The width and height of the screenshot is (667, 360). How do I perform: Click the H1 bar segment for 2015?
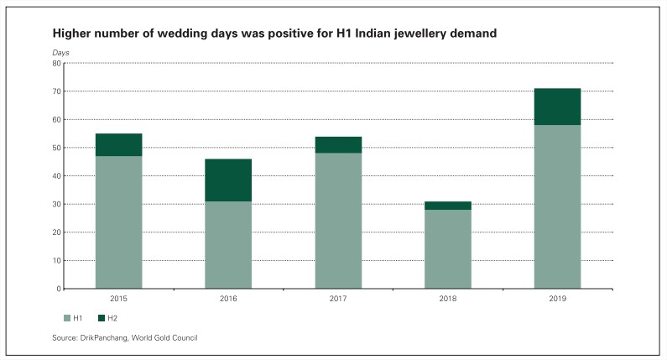coord(118,222)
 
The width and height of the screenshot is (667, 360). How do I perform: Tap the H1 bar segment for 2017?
coord(338,221)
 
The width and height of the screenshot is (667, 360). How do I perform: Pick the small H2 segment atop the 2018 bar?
coord(448,206)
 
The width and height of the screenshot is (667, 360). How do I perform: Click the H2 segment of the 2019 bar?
coord(557,107)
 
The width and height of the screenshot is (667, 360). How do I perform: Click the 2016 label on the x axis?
coord(228,299)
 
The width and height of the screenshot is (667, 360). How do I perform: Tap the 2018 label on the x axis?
coord(448,299)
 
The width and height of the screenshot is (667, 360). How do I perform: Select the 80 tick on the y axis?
coord(56,63)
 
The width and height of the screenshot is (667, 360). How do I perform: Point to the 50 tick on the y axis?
coord(56,148)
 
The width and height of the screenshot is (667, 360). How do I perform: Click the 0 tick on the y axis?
coord(59,289)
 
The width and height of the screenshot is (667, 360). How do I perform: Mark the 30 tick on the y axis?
coord(56,204)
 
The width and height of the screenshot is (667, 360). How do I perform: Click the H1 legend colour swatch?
coord(67,318)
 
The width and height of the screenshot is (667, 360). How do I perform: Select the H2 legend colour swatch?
coord(102,318)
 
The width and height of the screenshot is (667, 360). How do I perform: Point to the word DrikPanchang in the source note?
coord(111,337)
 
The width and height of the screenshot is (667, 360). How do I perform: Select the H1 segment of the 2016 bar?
coord(228,245)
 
